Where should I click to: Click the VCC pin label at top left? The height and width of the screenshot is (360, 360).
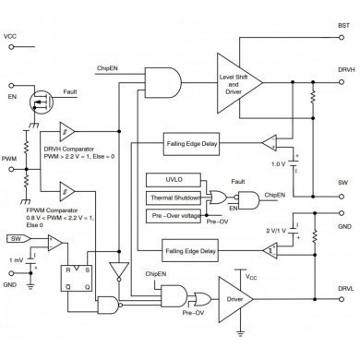pos(10,37)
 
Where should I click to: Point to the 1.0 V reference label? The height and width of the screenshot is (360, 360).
pos(276,164)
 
